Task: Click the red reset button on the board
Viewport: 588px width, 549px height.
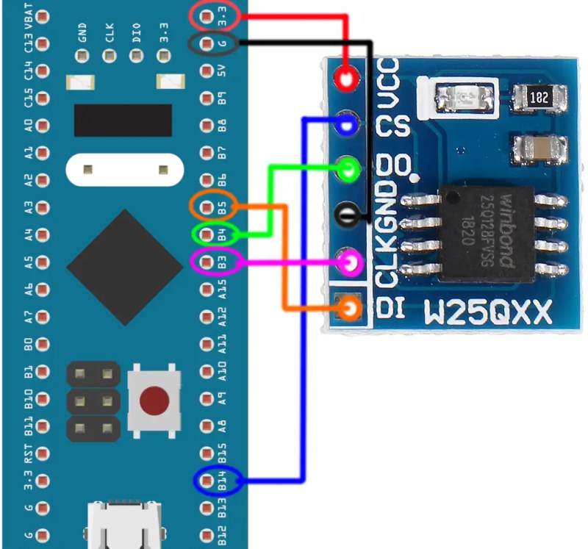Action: [154, 401]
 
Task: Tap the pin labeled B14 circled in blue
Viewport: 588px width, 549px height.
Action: [207, 481]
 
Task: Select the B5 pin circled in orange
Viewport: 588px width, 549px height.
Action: [207, 207]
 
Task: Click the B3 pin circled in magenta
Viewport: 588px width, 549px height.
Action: [207, 262]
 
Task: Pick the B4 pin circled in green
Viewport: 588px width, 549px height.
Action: [207, 234]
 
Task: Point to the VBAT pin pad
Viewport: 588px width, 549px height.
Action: [43, 16]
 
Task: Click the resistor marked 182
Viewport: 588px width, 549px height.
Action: [539, 98]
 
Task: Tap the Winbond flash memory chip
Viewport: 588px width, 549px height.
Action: [487, 234]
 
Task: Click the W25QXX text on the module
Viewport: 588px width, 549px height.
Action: [488, 312]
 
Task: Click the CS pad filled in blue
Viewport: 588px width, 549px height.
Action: [347, 124]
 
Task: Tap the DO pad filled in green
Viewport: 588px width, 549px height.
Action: [348, 170]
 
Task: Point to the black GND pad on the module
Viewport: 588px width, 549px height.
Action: [346, 215]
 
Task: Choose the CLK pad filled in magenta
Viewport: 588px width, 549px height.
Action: [351, 262]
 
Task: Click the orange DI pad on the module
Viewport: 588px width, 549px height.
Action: [351, 308]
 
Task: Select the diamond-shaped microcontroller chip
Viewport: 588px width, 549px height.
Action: [125, 267]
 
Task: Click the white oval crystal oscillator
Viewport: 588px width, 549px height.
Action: [125, 170]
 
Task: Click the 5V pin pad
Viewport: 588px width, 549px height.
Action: [207, 71]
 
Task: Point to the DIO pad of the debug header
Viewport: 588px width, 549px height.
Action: [137, 56]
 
